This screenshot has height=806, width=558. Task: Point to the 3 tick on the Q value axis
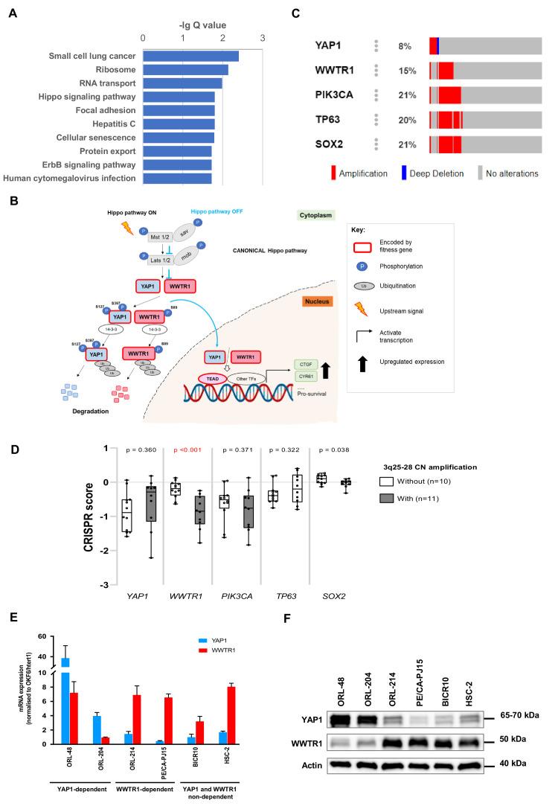point(262,37)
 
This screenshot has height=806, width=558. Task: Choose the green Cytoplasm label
point(315,214)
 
